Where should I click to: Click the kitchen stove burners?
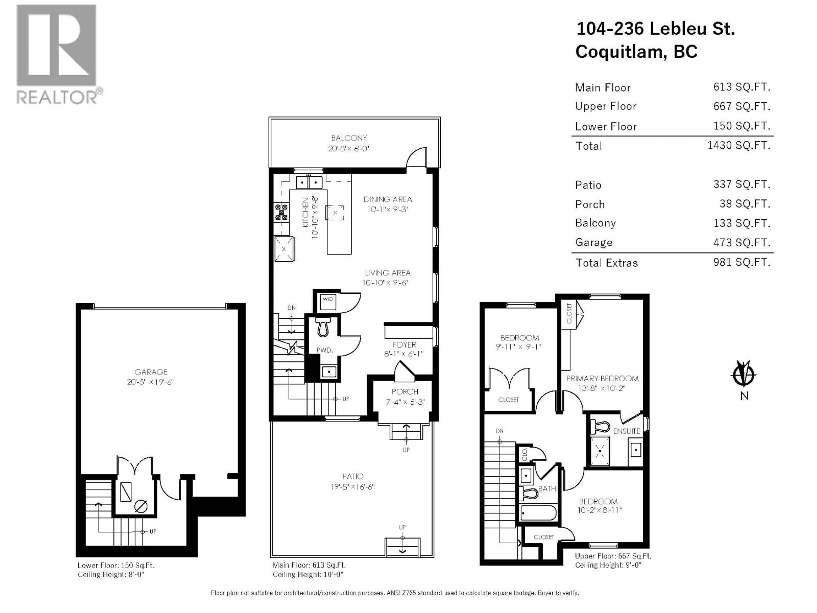(x=281, y=212)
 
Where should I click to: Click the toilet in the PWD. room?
(x=323, y=327)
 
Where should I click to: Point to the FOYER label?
(x=404, y=344)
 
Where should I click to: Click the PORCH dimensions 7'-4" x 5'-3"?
(x=405, y=402)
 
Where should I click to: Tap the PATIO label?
(x=353, y=476)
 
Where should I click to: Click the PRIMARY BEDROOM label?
(x=602, y=379)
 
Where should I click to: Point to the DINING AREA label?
(x=387, y=199)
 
